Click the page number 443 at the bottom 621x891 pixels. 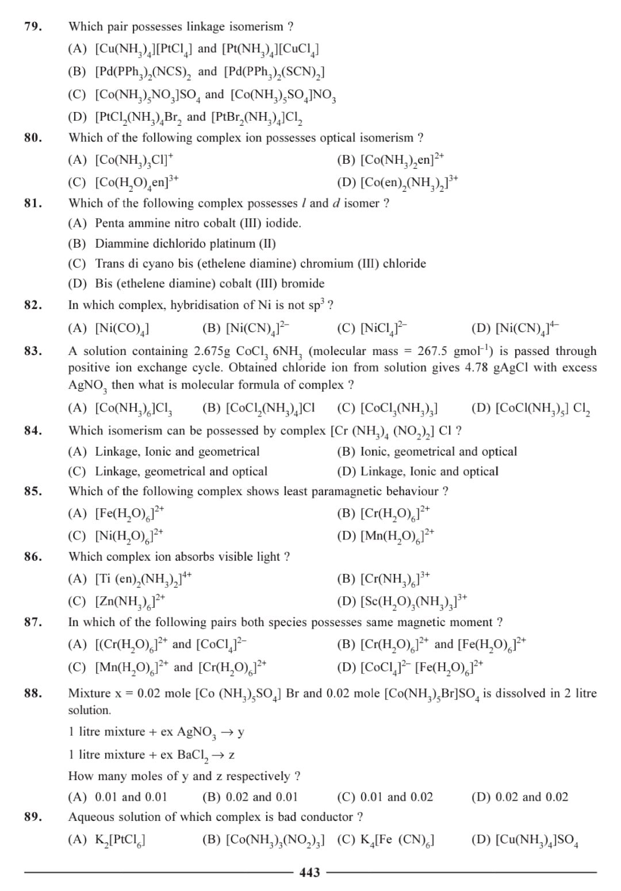click(310, 872)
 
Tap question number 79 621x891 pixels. click(33, 26)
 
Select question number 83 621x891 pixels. click(33, 351)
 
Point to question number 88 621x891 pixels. click(33, 693)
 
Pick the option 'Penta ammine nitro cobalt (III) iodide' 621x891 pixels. click(198, 223)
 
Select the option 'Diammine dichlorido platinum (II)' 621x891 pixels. click(185, 244)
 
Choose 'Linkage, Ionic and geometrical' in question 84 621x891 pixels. click(177, 452)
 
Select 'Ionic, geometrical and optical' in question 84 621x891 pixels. click(438, 452)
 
